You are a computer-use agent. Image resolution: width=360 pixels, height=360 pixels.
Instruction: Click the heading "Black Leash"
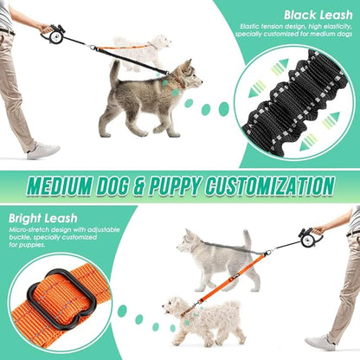click(x=315, y=15)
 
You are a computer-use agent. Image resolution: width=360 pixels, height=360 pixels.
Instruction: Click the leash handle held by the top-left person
click(x=55, y=35)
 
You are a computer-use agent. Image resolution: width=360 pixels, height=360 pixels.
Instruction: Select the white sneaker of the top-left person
click(x=42, y=151)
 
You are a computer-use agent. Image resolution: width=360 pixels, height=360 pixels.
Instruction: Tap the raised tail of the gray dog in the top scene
click(x=114, y=74)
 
